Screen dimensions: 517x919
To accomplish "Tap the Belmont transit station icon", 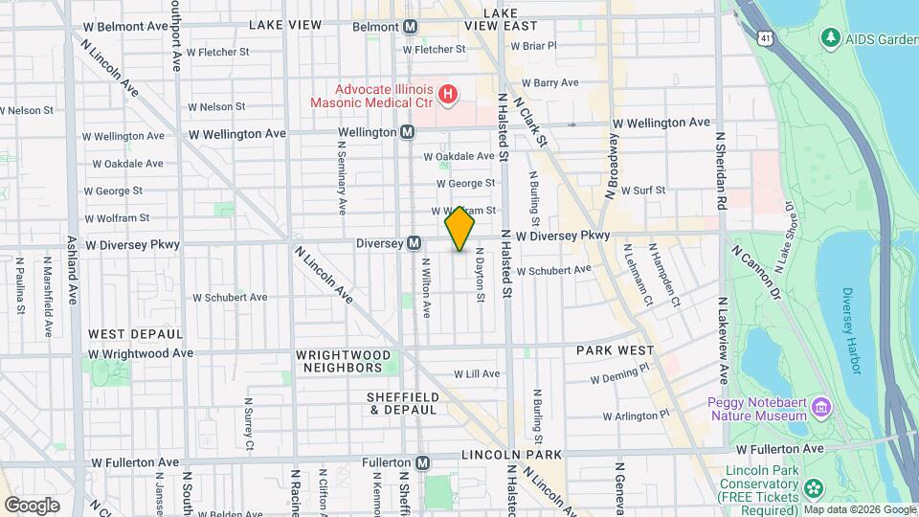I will (x=410, y=26).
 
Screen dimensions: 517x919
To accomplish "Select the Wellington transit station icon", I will (x=407, y=131).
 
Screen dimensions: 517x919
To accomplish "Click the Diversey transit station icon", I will (x=415, y=243).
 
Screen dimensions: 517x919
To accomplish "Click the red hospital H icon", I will (x=447, y=94).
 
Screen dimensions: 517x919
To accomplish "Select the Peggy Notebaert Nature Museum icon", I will (x=820, y=409).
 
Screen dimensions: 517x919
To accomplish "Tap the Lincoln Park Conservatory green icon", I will (x=813, y=487).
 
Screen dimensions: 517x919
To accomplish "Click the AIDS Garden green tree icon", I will (x=829, y=38).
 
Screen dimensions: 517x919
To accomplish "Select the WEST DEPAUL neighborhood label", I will (x=135, y=334).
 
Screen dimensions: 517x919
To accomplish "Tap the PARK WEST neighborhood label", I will (x=615, y=351).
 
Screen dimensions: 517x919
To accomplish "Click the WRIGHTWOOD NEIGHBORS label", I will (x=344, y=361).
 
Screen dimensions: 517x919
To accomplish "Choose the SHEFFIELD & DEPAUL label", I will (x=403, y=403).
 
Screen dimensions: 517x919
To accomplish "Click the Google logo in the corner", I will (x=32, y=505).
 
